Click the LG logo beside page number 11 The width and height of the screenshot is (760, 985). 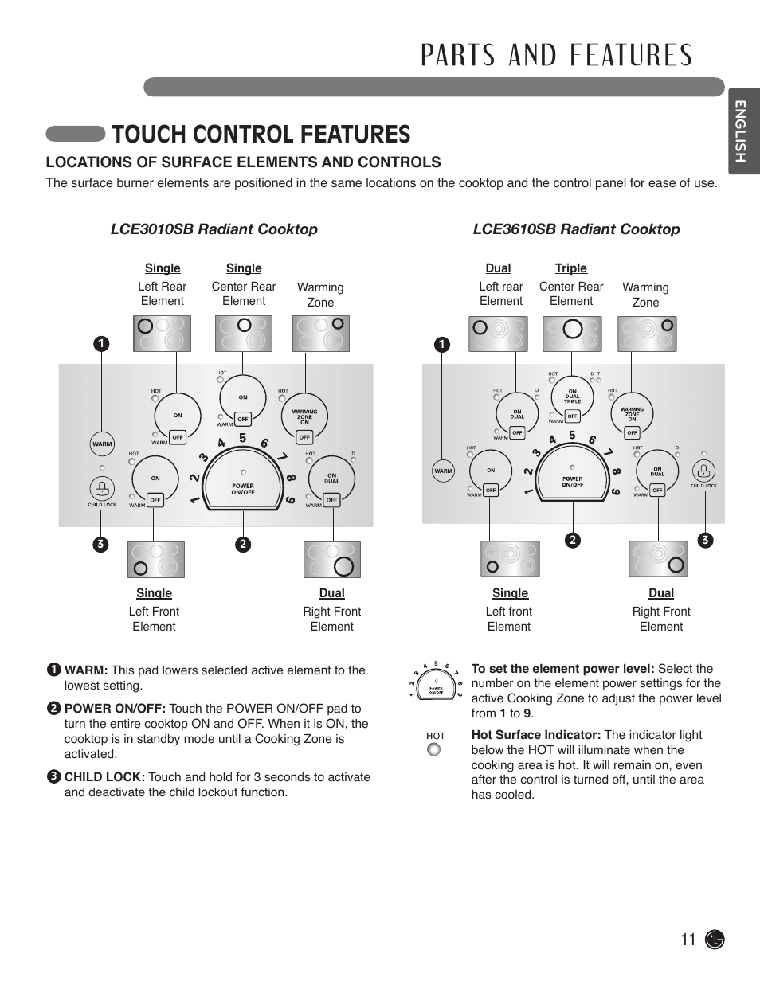point(715,940)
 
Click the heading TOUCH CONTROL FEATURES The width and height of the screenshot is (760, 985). point(261,134)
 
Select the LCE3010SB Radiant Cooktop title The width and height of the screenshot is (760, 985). point(214,229)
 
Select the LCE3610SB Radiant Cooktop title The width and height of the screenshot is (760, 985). point(576,229)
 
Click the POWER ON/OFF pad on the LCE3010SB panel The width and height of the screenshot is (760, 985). point(243,487)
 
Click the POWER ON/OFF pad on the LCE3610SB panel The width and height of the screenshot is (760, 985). point(572,481)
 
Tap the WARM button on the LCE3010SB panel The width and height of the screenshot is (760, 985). point(102,444)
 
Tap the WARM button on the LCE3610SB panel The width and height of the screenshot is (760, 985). point(443,471)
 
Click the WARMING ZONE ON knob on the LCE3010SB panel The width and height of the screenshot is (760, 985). point(304,414)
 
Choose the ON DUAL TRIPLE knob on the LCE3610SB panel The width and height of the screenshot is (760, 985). point(572,396)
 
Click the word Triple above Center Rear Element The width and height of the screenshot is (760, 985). point(570,268)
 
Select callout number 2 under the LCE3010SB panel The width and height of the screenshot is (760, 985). point(242,545)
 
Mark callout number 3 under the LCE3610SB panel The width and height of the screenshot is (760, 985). point(704,540)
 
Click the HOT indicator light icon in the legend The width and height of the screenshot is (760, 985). point(434,749)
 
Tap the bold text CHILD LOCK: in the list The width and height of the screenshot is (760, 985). point(105,777)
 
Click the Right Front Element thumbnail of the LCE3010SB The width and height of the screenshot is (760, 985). point(332,560)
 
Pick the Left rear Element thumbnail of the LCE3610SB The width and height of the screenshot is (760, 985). point(499,334)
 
